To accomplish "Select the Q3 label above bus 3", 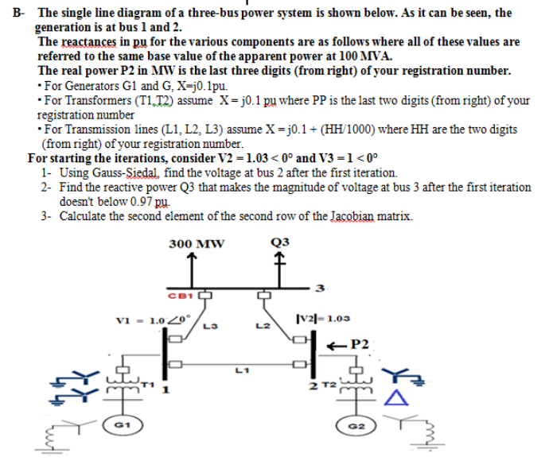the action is [278, 242].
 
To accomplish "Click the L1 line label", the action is [241, 368].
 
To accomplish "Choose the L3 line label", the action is [210, 325].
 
